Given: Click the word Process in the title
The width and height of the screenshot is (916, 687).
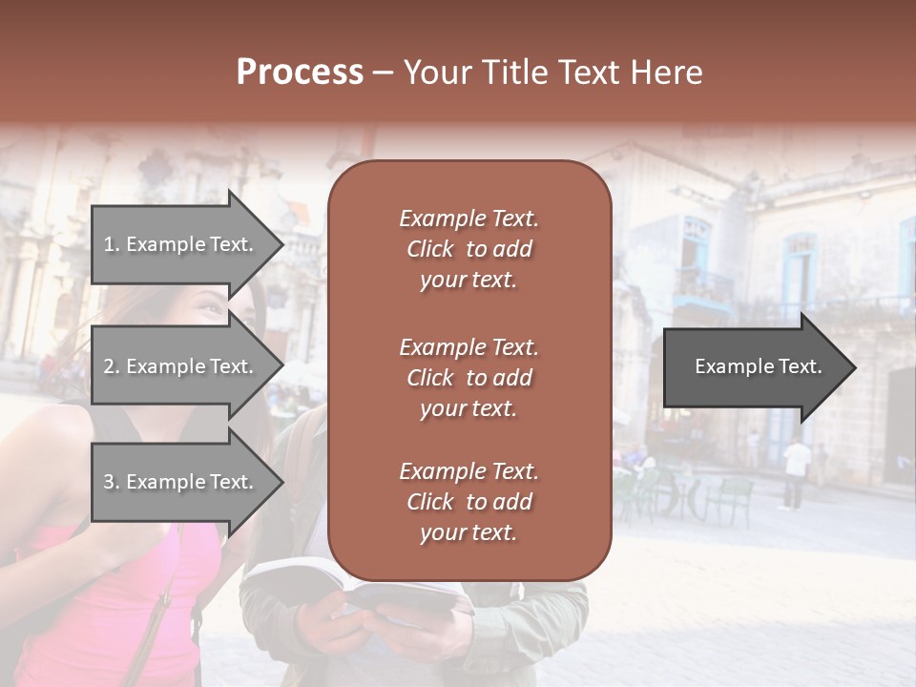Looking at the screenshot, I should pyautogui.click(x=300, y=73).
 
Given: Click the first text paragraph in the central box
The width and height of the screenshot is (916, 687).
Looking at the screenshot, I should pyautogui.click(x=468, y=249).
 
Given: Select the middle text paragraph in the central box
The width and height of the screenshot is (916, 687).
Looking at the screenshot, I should pyautogui.click(x=468, y=377).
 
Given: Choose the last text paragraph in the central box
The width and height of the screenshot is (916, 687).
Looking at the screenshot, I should pyautogui.click(x=468, y=502).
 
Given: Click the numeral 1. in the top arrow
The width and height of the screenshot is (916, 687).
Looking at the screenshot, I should pyautogui.click(x=112, y=244).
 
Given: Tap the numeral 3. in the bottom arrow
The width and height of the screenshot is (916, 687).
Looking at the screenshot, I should pyautogui.click(x=112, y=482).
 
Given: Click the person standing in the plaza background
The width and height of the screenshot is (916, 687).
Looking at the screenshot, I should pyautogui.click(x=795, y=472).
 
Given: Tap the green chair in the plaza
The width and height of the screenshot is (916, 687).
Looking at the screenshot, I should pyautogui.click(x=730, y=496).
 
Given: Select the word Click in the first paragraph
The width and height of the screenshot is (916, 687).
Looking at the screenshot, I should pyautogui.click(x=430, y=249).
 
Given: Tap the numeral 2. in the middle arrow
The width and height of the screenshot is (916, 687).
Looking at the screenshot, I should pyautogui.click(x=112, y=366).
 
